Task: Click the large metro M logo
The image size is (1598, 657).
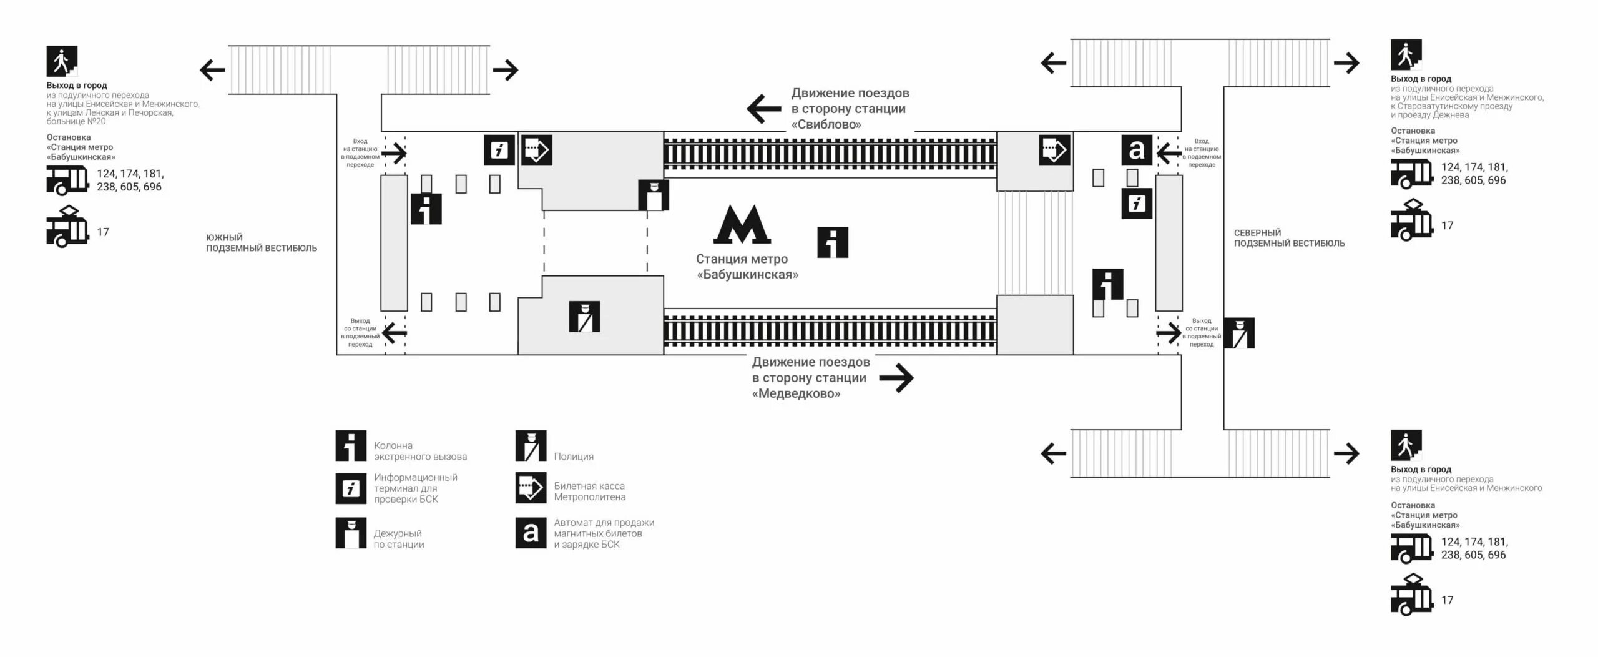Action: [742, 224]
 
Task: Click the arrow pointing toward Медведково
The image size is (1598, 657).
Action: [896, 377]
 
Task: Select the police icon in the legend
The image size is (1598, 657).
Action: [531, 446]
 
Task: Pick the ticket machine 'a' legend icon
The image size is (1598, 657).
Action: [531, 533]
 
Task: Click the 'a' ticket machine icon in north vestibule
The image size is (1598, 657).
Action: [1137, 150]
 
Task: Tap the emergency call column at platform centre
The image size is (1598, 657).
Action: [833, 242]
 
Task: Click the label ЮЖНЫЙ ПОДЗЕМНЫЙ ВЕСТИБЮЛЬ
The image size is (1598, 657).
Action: [262, 243]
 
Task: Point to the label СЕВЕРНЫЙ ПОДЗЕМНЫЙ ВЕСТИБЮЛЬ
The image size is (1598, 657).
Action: [1289, 238]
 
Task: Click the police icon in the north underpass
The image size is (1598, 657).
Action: [1238, 333]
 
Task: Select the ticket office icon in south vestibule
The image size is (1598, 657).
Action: [537, 151]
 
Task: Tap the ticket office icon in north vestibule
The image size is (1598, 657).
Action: [1054, 151]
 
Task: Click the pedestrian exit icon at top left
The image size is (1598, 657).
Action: [62, 61]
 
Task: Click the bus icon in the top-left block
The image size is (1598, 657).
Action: [67, 180]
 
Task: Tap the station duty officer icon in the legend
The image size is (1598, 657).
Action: [351, 533]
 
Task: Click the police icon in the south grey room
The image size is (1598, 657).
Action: [584, 317]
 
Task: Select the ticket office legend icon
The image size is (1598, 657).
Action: [531, 488]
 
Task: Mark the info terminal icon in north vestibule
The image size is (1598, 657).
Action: [1137, 204]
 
